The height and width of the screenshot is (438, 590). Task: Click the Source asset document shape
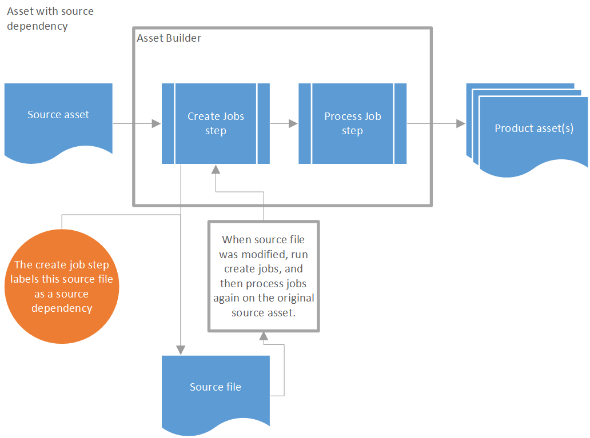(x=58, y=117)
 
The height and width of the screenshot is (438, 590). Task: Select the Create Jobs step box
(x=216, y=123)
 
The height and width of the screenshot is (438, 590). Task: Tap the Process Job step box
(x=352, y=123)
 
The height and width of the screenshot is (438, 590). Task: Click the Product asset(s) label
(x=533, y=128)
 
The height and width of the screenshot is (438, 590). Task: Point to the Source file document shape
(x=216, y=388)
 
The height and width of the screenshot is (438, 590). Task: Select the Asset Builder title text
(x=169, y=38)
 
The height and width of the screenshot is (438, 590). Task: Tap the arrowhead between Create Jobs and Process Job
(x=293, y=123)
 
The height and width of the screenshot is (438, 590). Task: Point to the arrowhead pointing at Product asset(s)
(x=460, y=123)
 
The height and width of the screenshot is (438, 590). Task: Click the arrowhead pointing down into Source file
(x=181, y=349)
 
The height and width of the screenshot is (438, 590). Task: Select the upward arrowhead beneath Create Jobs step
(x=216, y=170)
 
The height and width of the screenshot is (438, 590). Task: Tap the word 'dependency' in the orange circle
(x=62, y=308)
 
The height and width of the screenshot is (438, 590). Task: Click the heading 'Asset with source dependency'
(x=50, y=18)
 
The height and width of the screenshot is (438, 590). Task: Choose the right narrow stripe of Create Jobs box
(x=264, y=123)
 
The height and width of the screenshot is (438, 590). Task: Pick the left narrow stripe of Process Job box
(x=305, y=123)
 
